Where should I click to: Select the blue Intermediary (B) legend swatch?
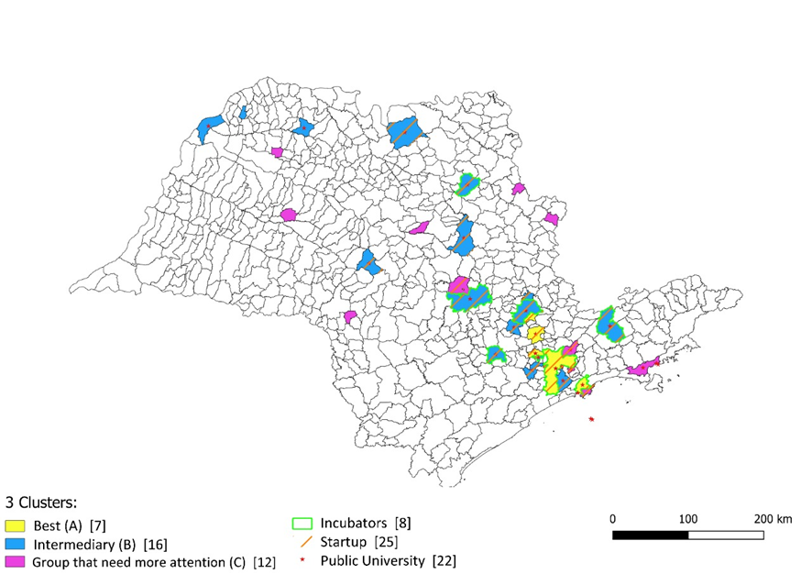[x=15, y=544]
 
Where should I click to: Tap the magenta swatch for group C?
[x=15, y=560]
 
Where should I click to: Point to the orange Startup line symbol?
[x=306, y=542]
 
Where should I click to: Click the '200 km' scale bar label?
[x=772, y=519]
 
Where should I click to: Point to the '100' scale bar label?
[x=688, y=519]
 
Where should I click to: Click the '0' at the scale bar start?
[x=612, y=519]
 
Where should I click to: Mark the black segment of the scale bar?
[x=650, y=534]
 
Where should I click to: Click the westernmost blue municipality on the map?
[x=209, y=127]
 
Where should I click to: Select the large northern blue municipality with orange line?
[x=406, y=132]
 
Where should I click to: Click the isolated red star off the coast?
[x=592, y=419]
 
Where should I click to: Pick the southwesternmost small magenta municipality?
[x=350, y=316]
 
